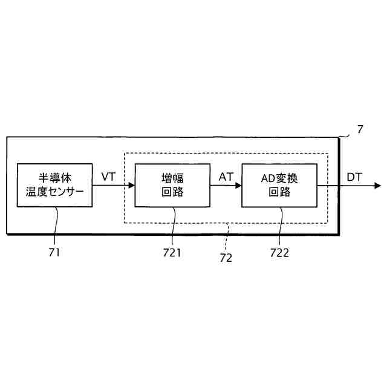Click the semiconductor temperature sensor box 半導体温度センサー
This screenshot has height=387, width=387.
(55, 185)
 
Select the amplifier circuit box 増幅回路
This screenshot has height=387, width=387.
(172, 185)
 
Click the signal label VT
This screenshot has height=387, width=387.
(108, 177)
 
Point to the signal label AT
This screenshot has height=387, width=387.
(226, 177)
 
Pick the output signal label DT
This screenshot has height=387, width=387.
(355, 177)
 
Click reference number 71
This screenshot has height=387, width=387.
(54, 253)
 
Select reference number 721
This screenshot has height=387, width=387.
(172, 253)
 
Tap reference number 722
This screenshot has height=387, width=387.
(279, 253)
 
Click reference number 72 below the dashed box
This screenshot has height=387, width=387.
(226, 258)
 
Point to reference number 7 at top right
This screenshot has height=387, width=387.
(360, 129)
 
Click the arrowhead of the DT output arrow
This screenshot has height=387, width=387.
(378, 186)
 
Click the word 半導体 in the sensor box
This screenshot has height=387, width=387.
(55, 178)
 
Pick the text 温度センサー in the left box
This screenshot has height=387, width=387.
(55, 193)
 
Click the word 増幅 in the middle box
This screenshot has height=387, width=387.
(172, 178)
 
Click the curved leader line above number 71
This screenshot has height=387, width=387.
(56, 227)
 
